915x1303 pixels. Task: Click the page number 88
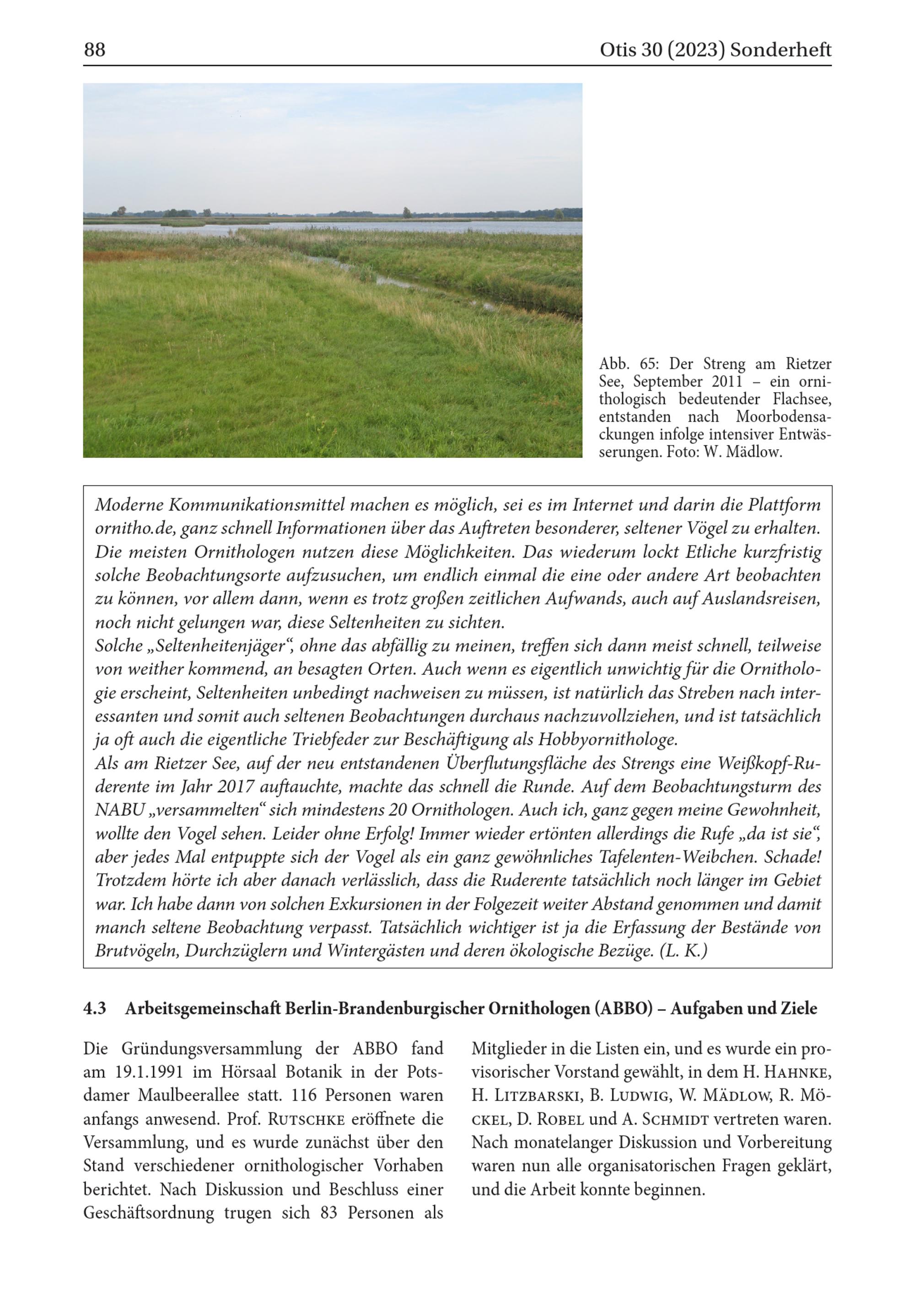(x=95, y=50)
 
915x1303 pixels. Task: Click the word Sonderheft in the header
(x=780, y=50)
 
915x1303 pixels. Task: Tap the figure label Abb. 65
(x=625, y=364)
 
